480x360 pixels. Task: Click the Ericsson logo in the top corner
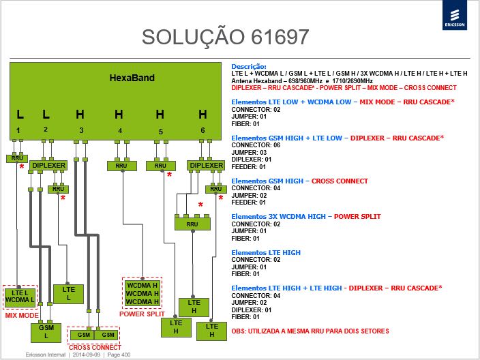point(455,15)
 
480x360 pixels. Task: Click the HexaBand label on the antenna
point(132,78)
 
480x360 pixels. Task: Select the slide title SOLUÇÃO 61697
point(225,37)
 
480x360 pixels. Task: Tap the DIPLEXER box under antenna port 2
point(48,165)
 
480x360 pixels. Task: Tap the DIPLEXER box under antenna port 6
point(207,165)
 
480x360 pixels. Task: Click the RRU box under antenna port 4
point(121,166)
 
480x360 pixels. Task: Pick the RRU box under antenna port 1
point(17,158)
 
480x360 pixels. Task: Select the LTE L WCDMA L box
point(20,297)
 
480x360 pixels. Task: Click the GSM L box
point(46,332)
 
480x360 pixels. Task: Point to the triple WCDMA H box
point(142,293)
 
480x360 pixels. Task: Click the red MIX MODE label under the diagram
point(22,315)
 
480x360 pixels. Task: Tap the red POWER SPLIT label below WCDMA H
point(142,314)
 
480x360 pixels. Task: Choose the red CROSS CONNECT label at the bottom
point(95,348)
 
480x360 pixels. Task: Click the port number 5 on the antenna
point(161,132)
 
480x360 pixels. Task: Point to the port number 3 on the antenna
point(81,130)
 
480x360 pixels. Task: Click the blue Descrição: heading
point(249,66)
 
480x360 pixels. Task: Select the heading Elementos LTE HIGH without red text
point(266,252)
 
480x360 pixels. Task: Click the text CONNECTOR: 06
point(256,145)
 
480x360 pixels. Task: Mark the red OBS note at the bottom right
point(310,331)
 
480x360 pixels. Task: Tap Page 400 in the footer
point(119,355)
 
